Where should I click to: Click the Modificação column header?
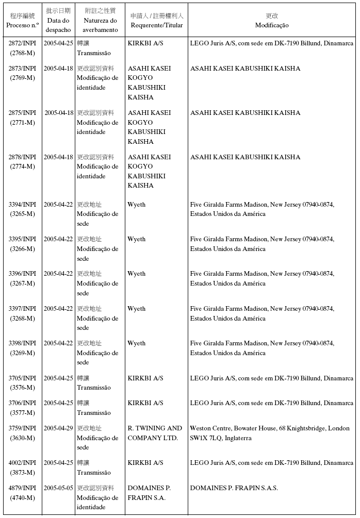click(x=272, y=21)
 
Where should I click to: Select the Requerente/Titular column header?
click(x=157, y=21)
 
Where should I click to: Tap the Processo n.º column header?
click(x=22, y=21)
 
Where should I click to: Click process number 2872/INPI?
click(x=22, y=44)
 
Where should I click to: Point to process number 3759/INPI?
click(x=22, y=428)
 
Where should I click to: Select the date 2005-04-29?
click(x=58, y=428)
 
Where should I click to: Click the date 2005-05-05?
click(x=58, y=488)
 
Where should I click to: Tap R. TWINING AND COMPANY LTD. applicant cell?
click(x=155, y=433)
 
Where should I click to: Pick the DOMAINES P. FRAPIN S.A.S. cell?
click(x=234, y=488)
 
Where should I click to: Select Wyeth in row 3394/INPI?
click(x=137, y=205)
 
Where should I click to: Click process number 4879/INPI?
click(x=22, y=488)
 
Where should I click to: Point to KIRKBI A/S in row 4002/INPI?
click(x=145, y=463)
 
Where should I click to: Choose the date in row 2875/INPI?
click(x=58, y=113)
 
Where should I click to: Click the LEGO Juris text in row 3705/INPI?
click(x=271, y=378)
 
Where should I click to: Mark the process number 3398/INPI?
click(x=22, y=343)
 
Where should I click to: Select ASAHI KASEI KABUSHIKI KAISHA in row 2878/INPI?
click(x=245, y=157)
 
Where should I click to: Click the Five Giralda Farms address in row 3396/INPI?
click(x=262, y=278)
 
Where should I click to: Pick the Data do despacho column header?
click(x=58, y=21)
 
